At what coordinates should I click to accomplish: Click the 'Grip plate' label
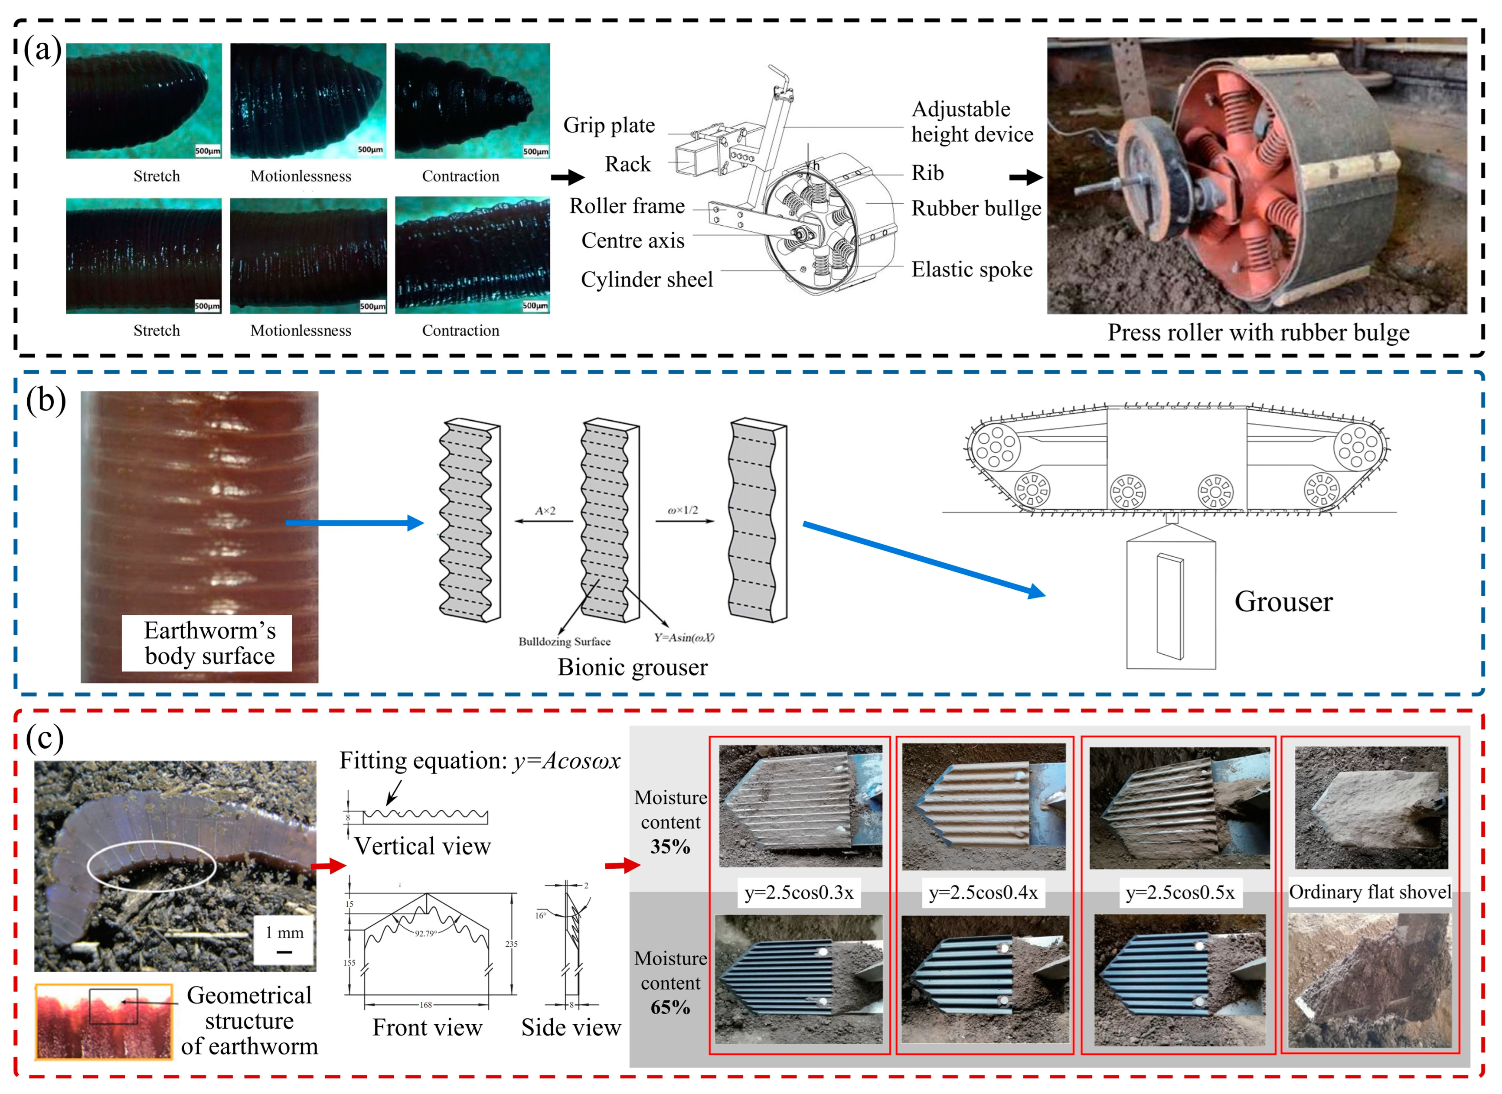[x=608, y=125]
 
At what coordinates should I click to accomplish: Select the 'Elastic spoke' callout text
[x=971, y=269]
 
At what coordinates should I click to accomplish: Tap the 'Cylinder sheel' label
[x=646, y=279]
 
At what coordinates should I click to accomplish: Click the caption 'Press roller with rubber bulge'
[x=1257, y=332]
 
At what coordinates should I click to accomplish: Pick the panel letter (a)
[x=42, y=50]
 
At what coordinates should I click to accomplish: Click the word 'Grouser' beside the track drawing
[x=1283, y=601]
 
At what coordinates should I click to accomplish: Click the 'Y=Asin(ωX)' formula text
[x=684, y=637]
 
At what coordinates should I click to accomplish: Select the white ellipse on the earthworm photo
[x=152, y=865]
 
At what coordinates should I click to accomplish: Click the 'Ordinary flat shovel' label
[x=1369, y=892]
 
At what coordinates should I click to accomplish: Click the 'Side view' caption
[x=571, y=1027]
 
